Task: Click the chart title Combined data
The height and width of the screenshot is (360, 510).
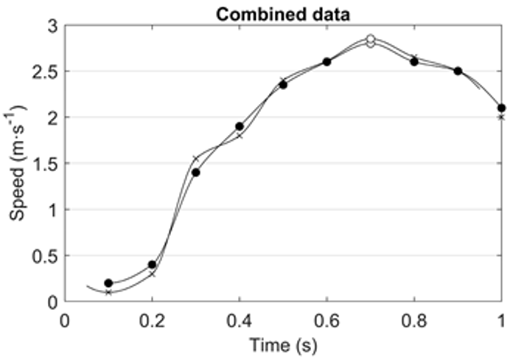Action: pyautogui.click(x=283, y=13)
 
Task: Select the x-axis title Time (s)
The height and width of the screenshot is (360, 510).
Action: pyautogui.click(x=283, y=343)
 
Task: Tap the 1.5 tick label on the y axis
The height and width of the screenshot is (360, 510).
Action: pyautogui.click(x=49, y=164)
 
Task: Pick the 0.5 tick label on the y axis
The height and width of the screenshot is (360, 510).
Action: pyautogui.click(x=49, y=256)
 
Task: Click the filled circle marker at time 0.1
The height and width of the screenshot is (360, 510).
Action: pyautogui.click(x=108, y=283)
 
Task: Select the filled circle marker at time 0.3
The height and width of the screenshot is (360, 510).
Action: pyautogui.click(x=196, y=172)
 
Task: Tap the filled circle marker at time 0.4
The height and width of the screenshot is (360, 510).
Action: pyautogui.click(x=240, y=126)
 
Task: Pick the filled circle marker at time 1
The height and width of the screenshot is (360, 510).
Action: pyautogui.click(x=501, y=108)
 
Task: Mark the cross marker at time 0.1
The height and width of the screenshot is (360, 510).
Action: pyautogui.click(x=108, y=292)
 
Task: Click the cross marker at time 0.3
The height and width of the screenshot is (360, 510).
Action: pyautogui.click(x=196, y=159)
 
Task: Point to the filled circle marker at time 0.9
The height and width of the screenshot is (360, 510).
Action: pyautogui.click(x=458, y=71)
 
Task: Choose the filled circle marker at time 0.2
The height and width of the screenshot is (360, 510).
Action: pyautogui.click(x=152, y=264)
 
